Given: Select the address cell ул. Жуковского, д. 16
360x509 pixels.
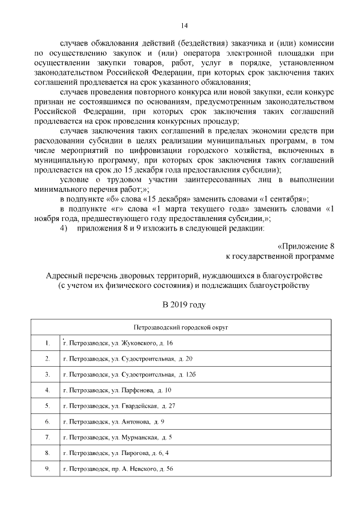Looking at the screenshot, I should point(118,343).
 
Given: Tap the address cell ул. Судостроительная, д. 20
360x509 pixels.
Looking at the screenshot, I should point(128,358).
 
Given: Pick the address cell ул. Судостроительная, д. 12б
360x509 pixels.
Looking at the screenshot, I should point(129,374).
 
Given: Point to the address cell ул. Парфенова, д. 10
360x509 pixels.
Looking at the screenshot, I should point(117,390).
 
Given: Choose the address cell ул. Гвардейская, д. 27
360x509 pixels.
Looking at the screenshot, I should point(119,406).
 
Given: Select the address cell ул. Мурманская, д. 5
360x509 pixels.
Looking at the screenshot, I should point(118,437).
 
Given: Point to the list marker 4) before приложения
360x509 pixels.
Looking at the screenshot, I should point(63,228).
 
